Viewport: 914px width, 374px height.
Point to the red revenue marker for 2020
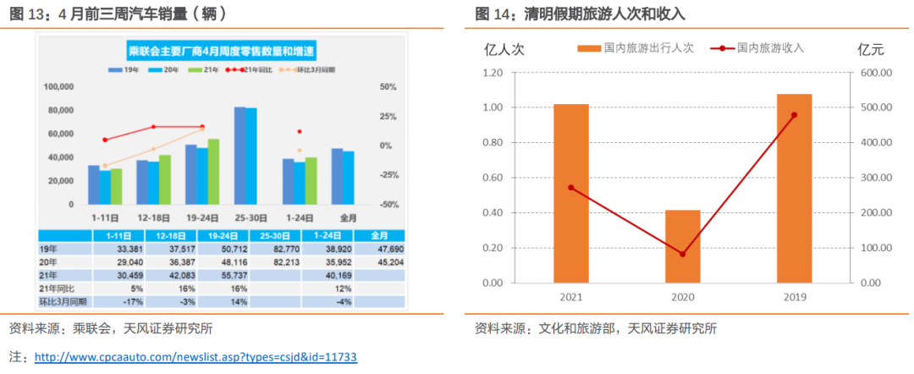[683, 254]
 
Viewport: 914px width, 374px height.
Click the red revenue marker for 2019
[794, 115]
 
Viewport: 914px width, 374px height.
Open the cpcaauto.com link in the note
[195, 357]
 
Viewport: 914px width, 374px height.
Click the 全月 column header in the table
[379, 234]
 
